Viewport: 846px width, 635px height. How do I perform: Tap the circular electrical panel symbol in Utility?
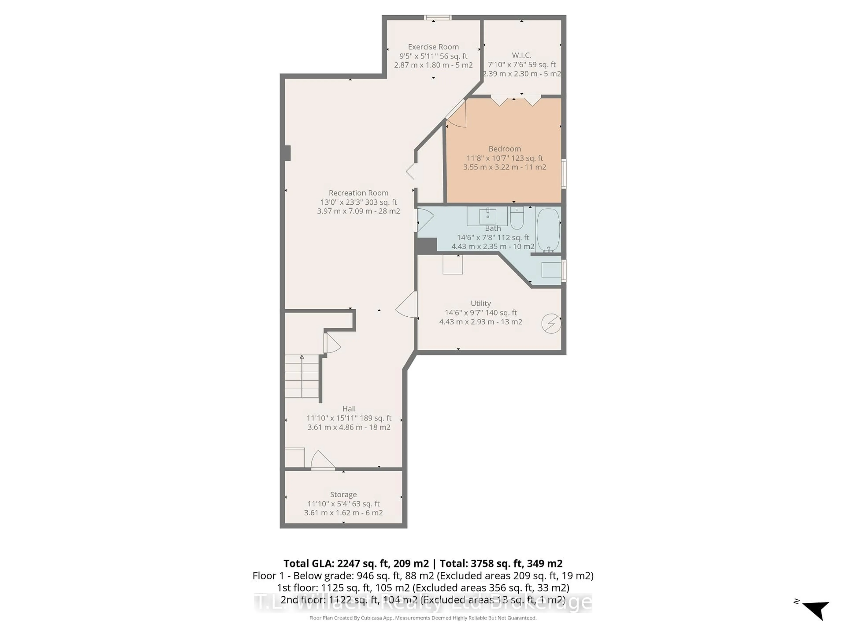point(551,323)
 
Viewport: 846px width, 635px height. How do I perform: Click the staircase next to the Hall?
point(302,376)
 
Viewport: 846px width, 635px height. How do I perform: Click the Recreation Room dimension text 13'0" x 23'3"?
point(358,202)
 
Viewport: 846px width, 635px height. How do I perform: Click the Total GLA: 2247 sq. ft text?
point(356,563)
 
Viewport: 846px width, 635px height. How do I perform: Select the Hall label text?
point(349,409)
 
